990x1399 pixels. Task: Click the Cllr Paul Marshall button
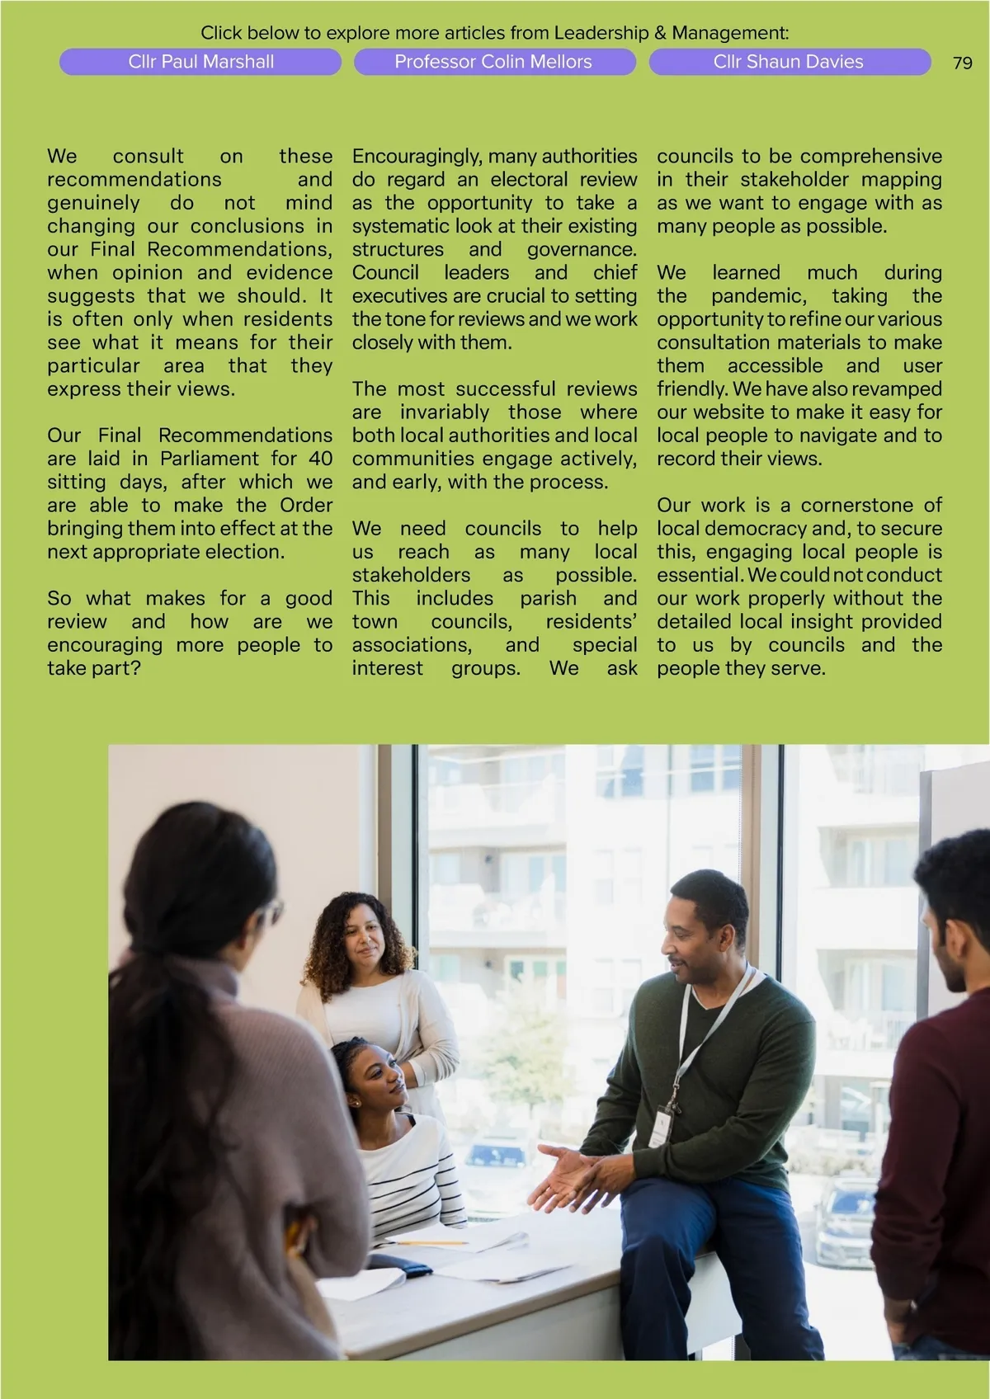pos(200,62)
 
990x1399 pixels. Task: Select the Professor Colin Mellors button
pos(493,62)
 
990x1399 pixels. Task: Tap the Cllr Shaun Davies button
pos(789,62)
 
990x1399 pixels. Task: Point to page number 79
pos(962,64)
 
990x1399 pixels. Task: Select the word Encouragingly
pos(417,156)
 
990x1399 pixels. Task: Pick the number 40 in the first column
pos(320,459)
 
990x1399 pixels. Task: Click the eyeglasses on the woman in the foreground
pos(271,912)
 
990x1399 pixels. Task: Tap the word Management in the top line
pos(728,33)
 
